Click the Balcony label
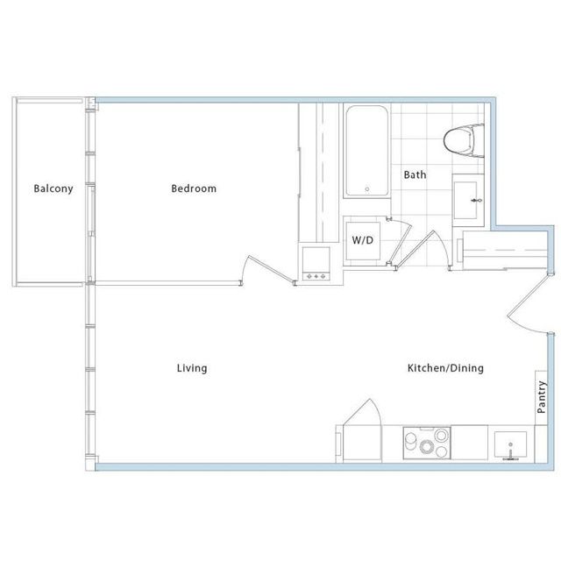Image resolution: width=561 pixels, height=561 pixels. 53,188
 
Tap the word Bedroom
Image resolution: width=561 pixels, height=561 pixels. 194,188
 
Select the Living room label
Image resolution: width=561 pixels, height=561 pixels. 192,368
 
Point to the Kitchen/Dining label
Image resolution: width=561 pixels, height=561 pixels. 445,368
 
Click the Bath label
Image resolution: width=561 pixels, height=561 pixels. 415,174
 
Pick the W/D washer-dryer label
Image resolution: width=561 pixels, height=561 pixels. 362,240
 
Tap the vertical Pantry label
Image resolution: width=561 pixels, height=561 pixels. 542,397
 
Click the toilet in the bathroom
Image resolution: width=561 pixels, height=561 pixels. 464,140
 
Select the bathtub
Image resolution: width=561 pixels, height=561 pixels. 366,151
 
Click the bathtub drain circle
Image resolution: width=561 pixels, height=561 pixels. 366,189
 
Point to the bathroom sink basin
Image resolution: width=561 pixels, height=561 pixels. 465,201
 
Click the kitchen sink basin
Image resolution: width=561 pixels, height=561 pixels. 510,444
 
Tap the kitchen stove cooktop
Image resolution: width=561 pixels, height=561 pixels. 427,443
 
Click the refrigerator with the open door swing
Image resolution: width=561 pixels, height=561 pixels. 362,431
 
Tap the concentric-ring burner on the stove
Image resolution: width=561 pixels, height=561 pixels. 427,446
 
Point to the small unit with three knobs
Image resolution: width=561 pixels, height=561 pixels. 316,264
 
